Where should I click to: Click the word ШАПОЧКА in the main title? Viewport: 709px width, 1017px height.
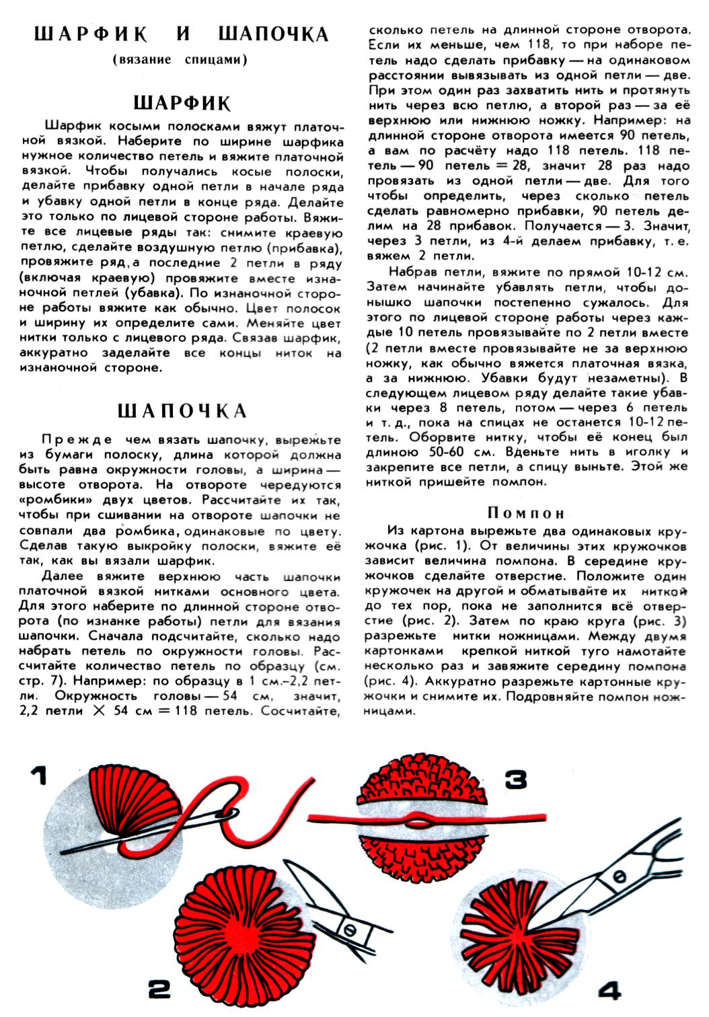pos(274,34)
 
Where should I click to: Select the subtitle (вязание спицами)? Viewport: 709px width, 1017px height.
pos(180,59)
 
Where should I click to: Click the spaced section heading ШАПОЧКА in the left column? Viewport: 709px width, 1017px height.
pos(182,411)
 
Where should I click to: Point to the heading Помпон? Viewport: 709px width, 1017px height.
pos(526,513)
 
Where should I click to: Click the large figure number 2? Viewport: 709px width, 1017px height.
pos(159,989)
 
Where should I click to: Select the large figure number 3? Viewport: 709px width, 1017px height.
pos(515,779)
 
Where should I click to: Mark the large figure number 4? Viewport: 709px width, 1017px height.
pos(609,991)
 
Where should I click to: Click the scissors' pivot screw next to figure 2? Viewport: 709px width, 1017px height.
pos(350,928)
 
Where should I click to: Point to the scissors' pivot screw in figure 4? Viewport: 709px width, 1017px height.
pos(618,874)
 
